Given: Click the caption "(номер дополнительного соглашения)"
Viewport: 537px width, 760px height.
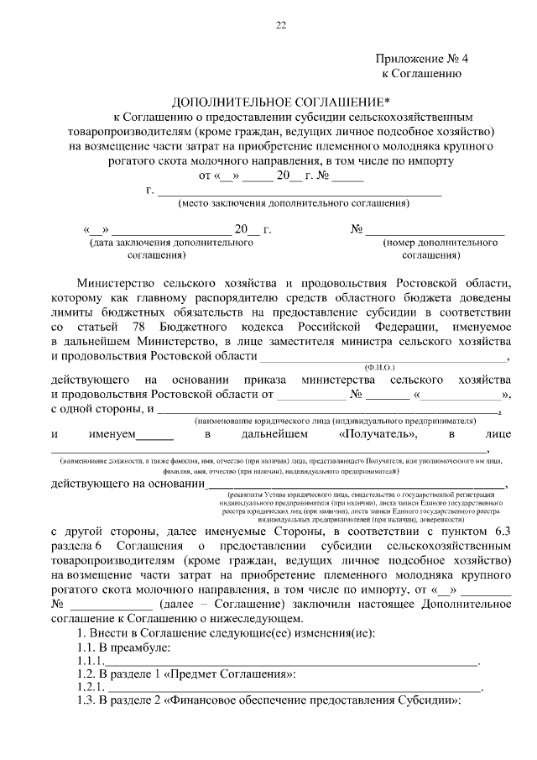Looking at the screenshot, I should [x=429, y=248].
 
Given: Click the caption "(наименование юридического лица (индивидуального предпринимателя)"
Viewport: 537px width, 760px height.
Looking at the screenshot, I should [x=336, y=419].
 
